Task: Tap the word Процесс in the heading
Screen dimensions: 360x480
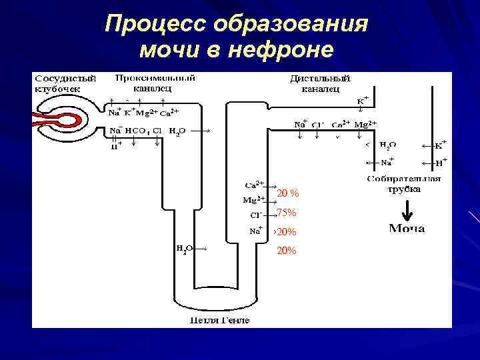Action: tap(157, 24)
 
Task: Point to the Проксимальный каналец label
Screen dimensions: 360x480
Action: tap(155, 82)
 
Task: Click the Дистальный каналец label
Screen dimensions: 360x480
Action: tap(321, 83)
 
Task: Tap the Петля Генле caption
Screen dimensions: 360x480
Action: tap(219, 321)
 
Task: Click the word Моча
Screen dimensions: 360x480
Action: tap(407, 229)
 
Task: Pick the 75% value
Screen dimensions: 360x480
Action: tap(287, 213)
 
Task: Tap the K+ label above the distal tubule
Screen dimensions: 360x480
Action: tap(362, 100)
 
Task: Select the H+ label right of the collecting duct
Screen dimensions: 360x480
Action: tap(440, 161)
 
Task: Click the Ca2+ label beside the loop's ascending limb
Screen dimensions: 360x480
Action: tap(254, 183)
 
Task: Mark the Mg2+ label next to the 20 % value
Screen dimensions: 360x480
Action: tap(253, 199)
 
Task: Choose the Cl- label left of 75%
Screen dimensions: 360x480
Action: tap(255, 215)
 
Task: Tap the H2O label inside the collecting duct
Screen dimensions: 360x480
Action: tap(387, 144)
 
